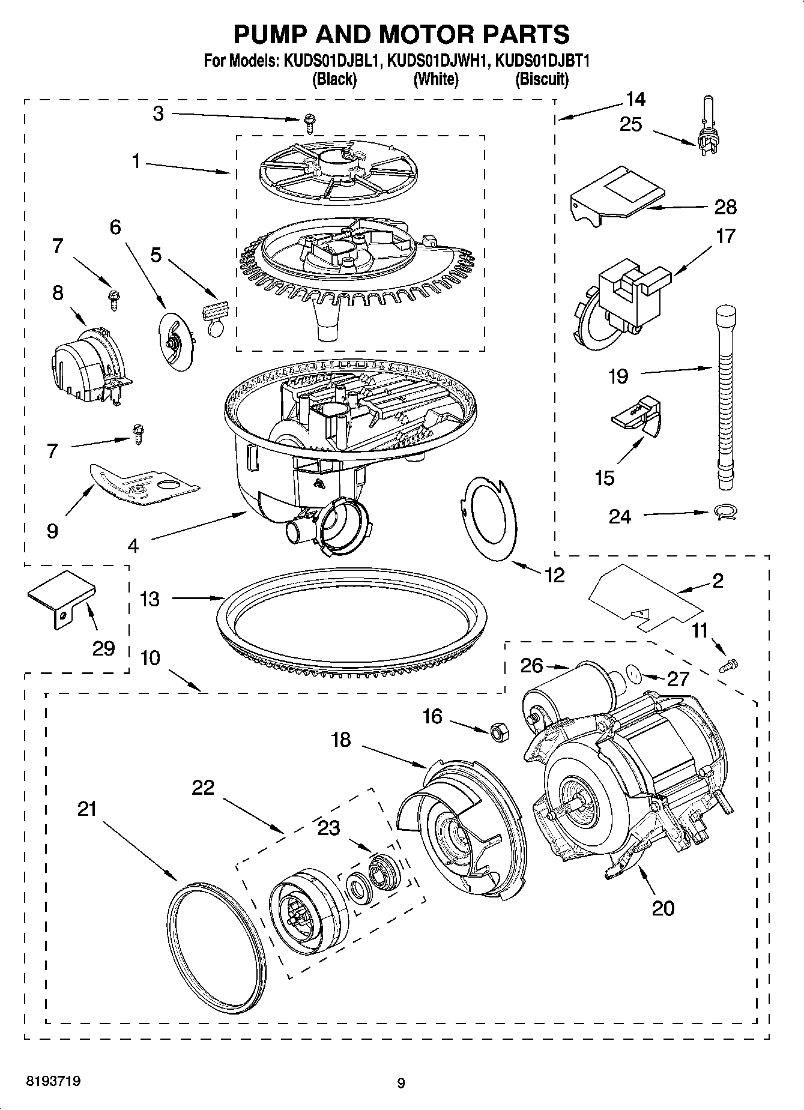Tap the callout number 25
point(631,124)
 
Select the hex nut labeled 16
point(498,732)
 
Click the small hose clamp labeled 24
point(725,512)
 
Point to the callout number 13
point(150,599)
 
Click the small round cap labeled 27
point(633,674)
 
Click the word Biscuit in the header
point(542,79)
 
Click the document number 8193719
point(53,1081)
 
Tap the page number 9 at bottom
point(401,1083)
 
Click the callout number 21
point(87,809)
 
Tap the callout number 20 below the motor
point(662,908)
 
